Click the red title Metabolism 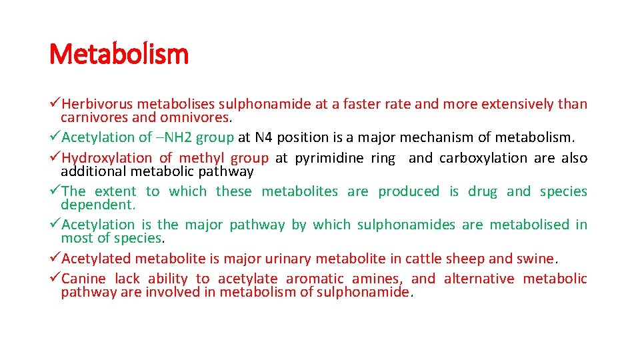click(119, 54)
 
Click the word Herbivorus click(97, 104)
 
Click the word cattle click(419, 259)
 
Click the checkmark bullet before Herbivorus click(55, 104)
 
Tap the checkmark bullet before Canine click(55, 279)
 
